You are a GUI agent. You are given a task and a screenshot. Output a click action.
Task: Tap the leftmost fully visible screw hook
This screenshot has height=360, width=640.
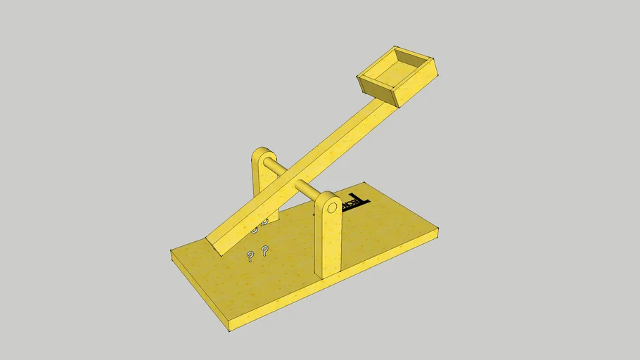pos(250,255)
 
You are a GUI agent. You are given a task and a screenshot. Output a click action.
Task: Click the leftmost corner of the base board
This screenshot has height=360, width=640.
pos(172,251)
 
